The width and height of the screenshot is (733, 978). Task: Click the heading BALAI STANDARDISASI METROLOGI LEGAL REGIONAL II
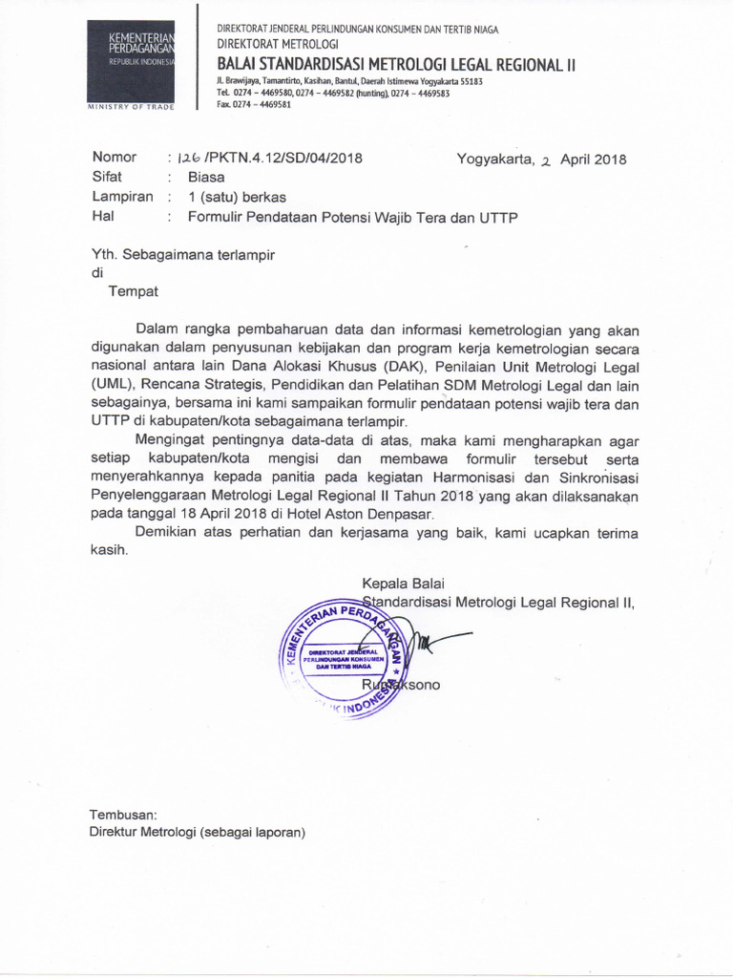tap(397, 64)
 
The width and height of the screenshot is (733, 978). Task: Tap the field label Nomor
tap(114, 158)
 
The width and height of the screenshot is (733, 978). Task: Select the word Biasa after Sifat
tap(206, 178)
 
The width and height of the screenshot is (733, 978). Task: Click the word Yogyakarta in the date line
tap(492, 159)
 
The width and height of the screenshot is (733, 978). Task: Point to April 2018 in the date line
tap(593, 159)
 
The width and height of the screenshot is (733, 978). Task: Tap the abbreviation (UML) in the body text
tap(112, 385)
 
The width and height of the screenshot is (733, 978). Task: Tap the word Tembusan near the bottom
tap(122, 814)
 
